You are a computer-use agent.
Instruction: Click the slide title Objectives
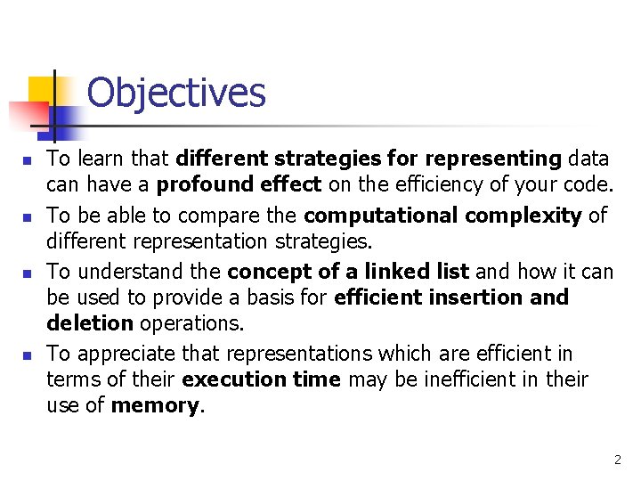pyautogui.click(x=176, y=93)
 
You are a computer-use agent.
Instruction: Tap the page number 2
pyautogui.click(x=617, y=460)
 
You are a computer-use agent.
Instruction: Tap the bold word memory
pyautogui.click(x=156, y=406)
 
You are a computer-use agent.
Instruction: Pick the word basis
pyautogui.click(x=290, y=298)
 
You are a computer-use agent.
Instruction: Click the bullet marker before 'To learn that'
pyautogui.click(x=28, y=161)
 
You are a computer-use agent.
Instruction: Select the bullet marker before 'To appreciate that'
pyautogui.click(x=28, y=355)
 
